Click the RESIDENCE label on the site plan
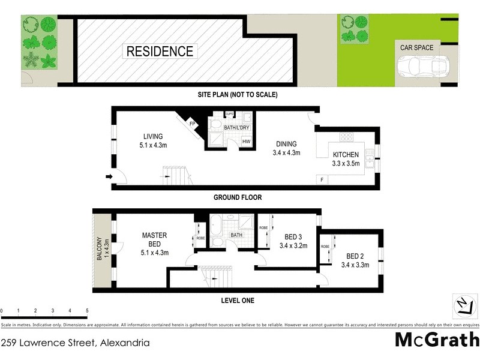point(160,52)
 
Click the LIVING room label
point(153,136)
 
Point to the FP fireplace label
point(193,124)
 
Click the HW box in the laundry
point(246,142)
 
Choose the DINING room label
point(286,144)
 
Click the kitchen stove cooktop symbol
point(347,137)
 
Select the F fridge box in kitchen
point(322,179)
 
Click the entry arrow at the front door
point(109,176)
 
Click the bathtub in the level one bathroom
point(215,228)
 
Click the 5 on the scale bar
point(88,311)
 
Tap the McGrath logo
point(436,340)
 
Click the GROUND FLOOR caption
point(238,197)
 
